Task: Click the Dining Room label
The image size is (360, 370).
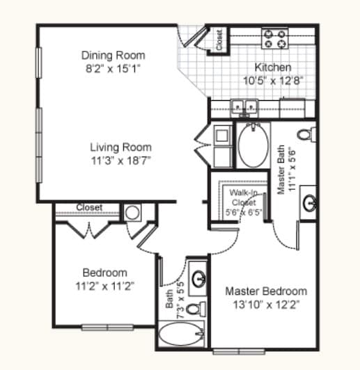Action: click(x=113, y=56)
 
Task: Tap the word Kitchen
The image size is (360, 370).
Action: click(x=272, y=67)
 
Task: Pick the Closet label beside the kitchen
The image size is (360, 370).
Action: click(x=220, y=40)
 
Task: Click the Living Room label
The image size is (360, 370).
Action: click(x=120, y=147)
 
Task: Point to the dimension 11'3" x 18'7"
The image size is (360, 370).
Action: click(x=120, y=160)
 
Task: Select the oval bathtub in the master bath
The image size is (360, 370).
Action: click(x=253, y=145)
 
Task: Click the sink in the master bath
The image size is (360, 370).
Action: click(x=310, y=202)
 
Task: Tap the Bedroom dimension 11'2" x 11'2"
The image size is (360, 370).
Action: click(x=104, y=285)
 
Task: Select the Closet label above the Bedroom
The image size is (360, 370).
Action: click(x=89, y=207)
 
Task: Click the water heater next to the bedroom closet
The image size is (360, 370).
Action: click(x=133, y=212)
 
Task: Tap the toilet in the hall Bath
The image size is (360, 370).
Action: click(x=200, y=307)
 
